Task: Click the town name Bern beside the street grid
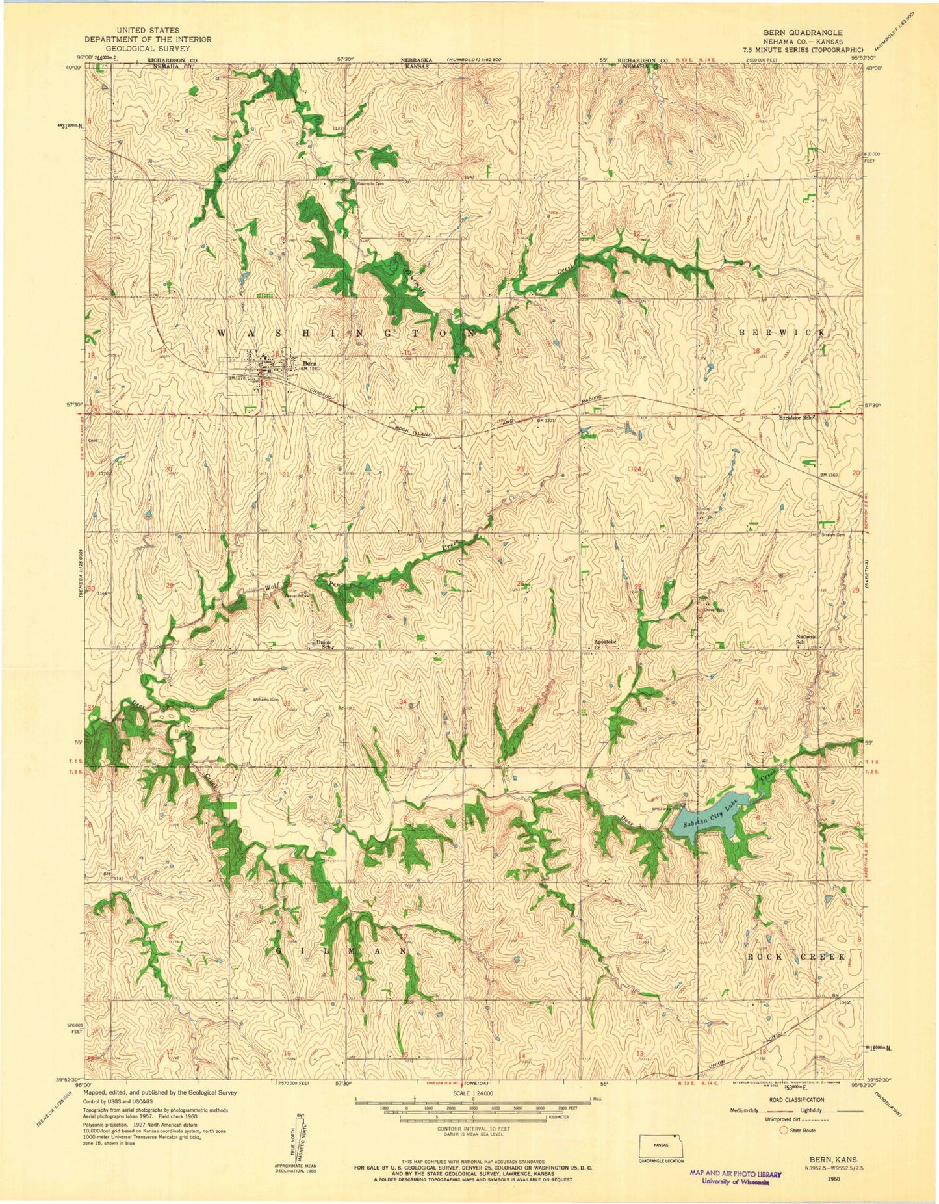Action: click(x=307, y=363)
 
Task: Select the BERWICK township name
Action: click(x=782, y=332)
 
